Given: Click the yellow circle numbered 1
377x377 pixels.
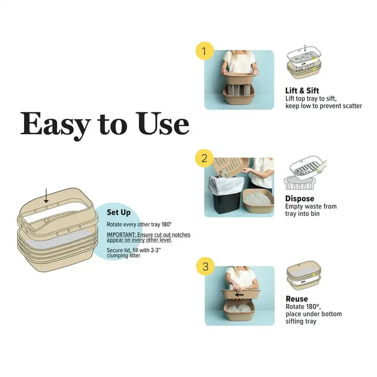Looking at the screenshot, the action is (x=205, y=51).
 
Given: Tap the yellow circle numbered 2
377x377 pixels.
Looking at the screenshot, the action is (x=205, y=158).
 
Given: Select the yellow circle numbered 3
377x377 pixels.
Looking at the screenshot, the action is (x=205, y=266).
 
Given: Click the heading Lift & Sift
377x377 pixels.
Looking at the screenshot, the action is (x=302, y=90).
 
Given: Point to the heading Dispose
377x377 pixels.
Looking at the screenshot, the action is (x=300, y=198).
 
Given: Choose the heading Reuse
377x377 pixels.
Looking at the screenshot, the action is (x=297, y=299).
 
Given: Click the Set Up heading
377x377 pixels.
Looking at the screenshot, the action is (x=119, y=213).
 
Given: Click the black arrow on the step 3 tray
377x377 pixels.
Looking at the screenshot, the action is (x=239, y=295).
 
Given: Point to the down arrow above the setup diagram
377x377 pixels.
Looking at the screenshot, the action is (x=46, y=196).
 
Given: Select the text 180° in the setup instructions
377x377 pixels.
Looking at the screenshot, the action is (x=166, y=224).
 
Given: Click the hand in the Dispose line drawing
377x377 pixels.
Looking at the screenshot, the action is (x=321, y=167).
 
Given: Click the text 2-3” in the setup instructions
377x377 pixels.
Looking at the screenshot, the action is (x=155, y=250).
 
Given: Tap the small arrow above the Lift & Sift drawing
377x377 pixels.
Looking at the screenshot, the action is (x=305, y=48).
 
